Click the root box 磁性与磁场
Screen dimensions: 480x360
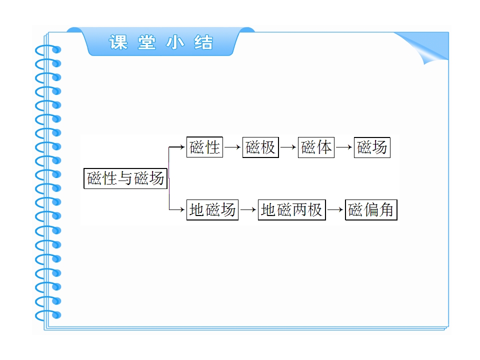click(125, 178)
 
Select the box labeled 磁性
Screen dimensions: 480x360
click(204, 147)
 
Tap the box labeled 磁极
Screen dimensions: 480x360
click(260, 147)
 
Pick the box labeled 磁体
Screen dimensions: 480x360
click(316, 147)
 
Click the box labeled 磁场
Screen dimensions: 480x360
click(372, 147)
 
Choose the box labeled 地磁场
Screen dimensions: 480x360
click(212, 209)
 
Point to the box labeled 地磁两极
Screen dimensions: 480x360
click(291, 209)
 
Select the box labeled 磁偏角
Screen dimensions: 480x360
click(371, 209)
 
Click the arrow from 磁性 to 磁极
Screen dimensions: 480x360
click(232, 147)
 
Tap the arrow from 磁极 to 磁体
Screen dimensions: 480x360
click(288, 147)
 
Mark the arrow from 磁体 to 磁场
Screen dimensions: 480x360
click(344, 147)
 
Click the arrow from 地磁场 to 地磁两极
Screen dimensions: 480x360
click(248, 209)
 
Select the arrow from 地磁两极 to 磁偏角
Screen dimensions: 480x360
click(335, 209)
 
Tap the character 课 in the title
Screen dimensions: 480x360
click(118, 42)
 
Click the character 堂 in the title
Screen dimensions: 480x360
click(146, 42)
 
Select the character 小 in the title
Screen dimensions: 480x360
click(175, 42)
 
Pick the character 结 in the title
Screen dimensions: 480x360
click(203, 42)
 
